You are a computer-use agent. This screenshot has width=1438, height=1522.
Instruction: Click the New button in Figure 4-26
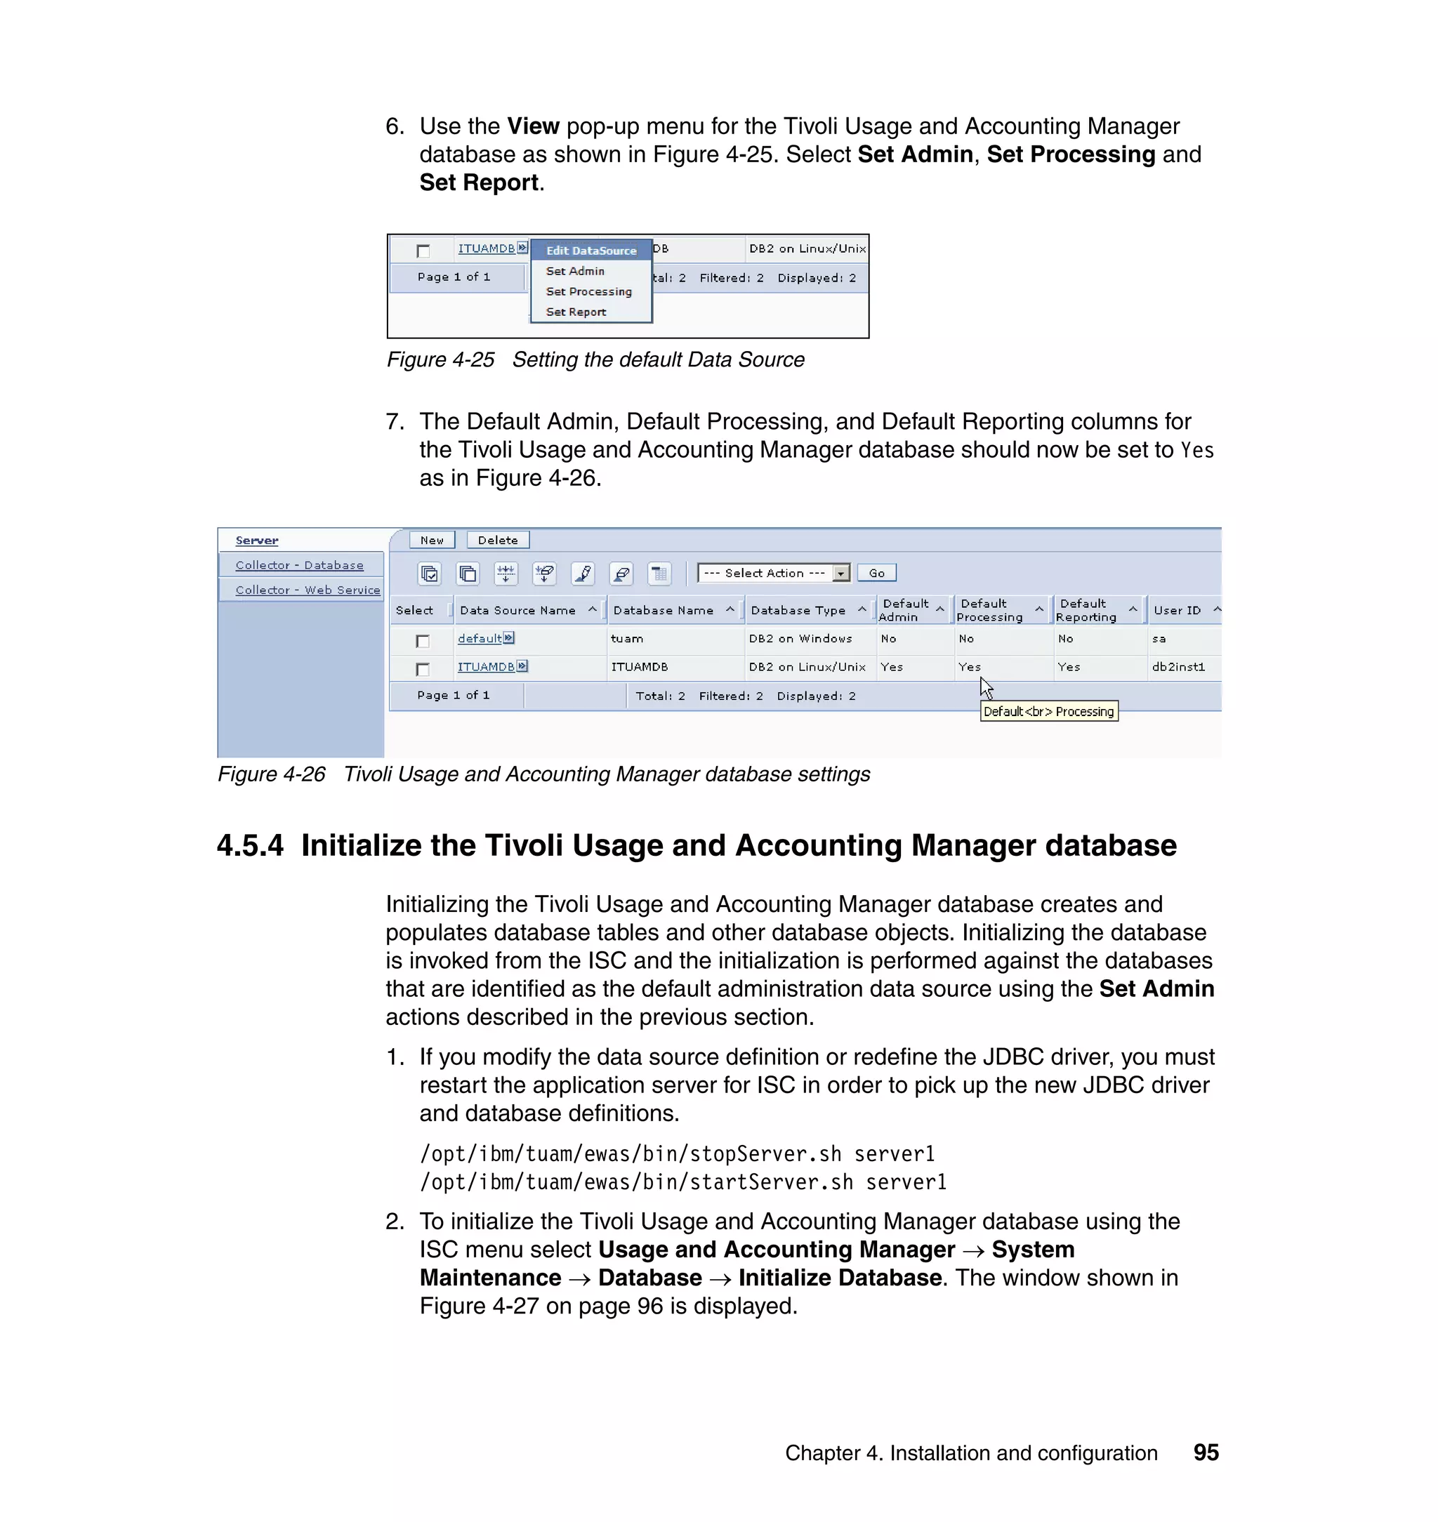pos(432,541)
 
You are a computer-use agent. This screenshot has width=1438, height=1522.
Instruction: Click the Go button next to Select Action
pos(876,574)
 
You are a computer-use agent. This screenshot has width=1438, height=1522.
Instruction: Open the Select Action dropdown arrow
pos(842,574)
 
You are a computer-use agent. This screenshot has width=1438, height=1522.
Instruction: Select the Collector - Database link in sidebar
pos(300,565)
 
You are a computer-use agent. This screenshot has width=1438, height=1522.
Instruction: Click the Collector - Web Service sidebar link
pos(308,590)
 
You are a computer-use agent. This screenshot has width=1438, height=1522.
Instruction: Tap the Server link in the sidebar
pos(257,541)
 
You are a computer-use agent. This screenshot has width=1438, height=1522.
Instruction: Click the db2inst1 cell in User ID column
pos(1178,667)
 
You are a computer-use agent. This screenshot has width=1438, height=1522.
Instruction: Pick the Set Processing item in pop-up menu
pos(588,291)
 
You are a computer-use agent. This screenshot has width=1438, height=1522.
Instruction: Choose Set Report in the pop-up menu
pos(576,312)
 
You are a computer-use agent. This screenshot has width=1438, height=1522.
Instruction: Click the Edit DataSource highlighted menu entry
pos(591,251)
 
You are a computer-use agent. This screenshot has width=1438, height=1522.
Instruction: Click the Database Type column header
pos(798,610)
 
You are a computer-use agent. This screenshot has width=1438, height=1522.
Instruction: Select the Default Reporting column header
pos(1086,610)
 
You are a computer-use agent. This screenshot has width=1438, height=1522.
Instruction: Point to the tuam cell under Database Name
pos(627,638)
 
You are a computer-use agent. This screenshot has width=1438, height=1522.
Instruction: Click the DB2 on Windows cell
pos(800,638)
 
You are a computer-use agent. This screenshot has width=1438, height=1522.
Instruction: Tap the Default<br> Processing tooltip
pos(1048,711)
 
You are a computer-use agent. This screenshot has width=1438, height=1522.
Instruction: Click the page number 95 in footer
pos(1206,1452)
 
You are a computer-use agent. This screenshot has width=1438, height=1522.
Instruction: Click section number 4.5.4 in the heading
pos(251,846)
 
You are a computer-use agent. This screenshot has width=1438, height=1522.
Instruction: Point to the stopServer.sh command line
pos(677,1154)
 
